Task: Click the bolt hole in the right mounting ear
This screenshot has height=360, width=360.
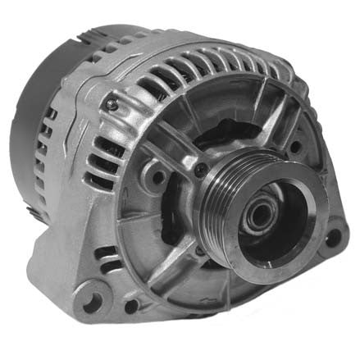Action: pos(331,238)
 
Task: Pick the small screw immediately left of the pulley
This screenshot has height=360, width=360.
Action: pos(199,170)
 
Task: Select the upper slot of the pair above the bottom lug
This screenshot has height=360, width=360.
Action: pos(105,251)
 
